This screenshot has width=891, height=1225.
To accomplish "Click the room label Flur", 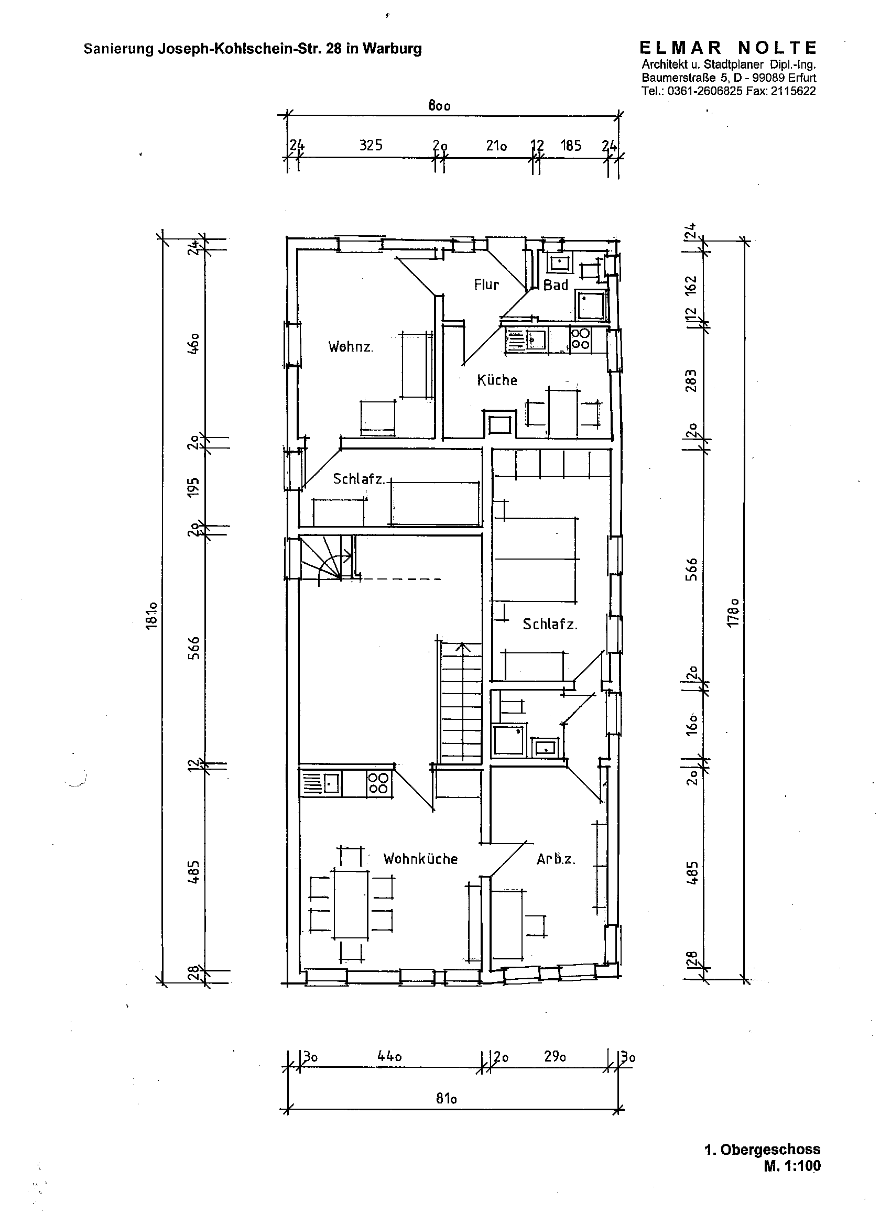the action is coord(486,285).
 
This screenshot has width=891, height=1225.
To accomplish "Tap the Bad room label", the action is coord(556,285).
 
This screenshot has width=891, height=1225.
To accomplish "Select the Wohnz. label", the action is coord(351,346).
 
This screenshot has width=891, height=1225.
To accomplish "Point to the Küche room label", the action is coord(497,380).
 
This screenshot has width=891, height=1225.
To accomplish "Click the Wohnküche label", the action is coord(420,859).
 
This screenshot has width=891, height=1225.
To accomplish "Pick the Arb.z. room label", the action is coord(556,859).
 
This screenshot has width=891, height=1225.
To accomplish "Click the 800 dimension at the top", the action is coord(439,105).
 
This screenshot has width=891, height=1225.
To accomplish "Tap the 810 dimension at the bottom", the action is coord(447,1099).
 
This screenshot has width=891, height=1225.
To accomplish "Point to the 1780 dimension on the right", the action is coord(733,612).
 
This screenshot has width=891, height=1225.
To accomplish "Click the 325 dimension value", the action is coord(371,145).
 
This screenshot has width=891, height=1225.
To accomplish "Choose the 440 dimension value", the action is coord(389,1056).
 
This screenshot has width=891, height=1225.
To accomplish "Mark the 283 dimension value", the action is coord(691,380).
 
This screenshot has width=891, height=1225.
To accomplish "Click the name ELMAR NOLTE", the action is coord(728,48).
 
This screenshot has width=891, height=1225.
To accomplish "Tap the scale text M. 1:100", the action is coord(792,1166).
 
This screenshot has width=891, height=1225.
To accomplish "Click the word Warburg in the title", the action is coord(392,49).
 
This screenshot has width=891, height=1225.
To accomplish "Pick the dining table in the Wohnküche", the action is coord(351,903).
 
